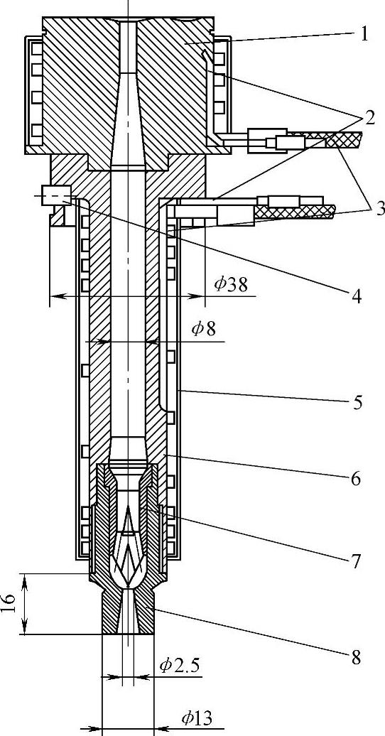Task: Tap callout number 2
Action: pos(369,118)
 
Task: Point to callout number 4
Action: pos(357,296)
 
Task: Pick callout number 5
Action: pos(358,402)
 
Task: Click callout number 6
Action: pos(356,479)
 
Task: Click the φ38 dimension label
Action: pos(230,284)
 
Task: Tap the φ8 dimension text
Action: pos(204,329)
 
